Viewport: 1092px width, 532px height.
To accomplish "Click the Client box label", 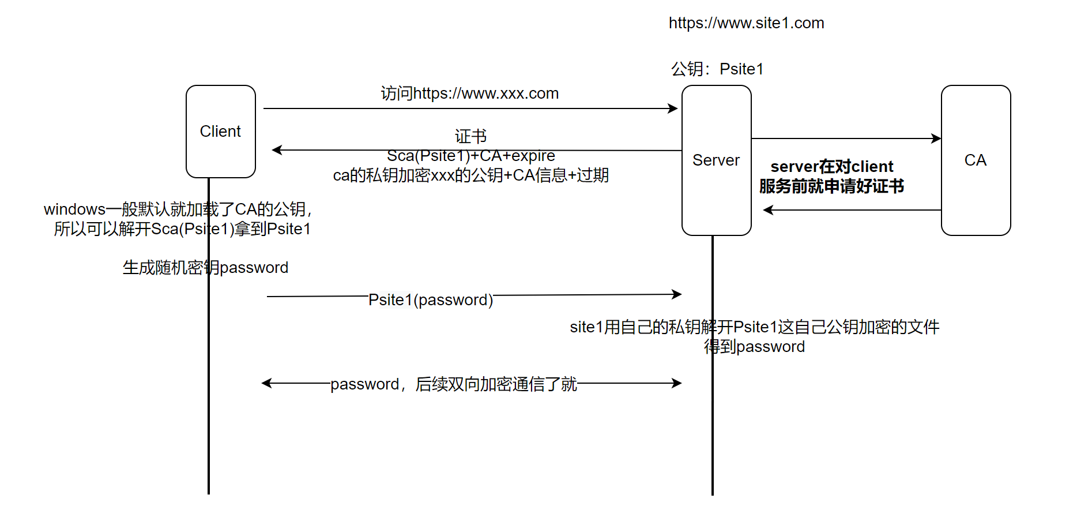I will (x=220, y=132).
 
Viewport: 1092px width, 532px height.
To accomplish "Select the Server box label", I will (x=716, y=160).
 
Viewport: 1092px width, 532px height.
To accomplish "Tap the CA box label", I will (x=975, y=160).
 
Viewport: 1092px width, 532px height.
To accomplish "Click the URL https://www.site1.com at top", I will (x=746, y=23).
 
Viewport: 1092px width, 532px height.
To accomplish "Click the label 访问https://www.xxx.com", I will (x=469, y=93).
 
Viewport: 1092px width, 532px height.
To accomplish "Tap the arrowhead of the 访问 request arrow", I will (x=673, y=108).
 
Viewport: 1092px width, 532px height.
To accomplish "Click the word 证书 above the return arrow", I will (x=470, y=136).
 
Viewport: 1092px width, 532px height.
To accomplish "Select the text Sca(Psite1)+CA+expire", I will (x=470, y=156).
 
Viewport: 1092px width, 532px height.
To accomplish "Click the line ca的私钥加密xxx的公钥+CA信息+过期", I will (x=470, y=175).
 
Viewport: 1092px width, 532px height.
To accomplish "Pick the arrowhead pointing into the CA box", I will (x=937, y=138).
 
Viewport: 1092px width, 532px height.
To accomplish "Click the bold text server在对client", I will (x=831, y=167).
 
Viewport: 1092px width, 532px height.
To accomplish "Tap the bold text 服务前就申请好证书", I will (x=831, y=186).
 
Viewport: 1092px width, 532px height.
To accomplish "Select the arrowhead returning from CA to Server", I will (x=767, y=210).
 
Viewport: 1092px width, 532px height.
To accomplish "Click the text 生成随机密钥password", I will (x=205, y=268).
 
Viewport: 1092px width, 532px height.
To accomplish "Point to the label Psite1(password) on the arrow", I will (x=431, y=300).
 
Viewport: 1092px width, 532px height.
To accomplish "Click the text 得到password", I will (x=754, y=347).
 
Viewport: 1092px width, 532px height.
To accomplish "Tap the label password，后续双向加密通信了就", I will (x=453, y=384).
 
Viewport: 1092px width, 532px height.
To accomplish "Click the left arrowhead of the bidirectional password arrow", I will (x=266, y=383).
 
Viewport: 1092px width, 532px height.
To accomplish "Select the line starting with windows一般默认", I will (x=178, y=209).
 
